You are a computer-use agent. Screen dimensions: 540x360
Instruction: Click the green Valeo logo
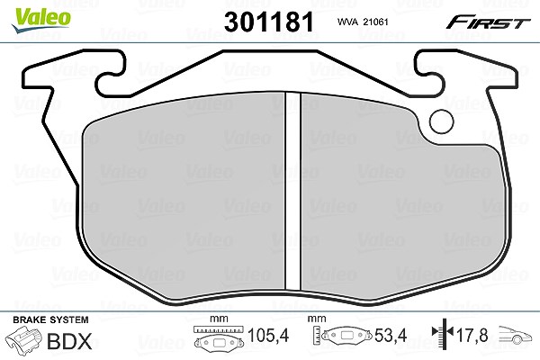[x=41, y=20]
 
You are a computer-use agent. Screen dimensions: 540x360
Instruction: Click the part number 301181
[x=269, y=22]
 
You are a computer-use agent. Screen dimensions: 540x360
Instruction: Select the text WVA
[x=347, y=22]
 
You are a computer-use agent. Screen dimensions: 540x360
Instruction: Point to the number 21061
[x=376, y=22]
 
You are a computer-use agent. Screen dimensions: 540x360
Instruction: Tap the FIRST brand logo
[x=488, y=22]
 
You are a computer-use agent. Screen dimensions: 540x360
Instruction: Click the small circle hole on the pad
[x=442, y=121]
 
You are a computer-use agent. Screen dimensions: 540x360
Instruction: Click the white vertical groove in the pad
[x=293, y=191]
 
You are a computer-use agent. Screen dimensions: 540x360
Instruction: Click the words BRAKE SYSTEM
[x=50, y=319]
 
